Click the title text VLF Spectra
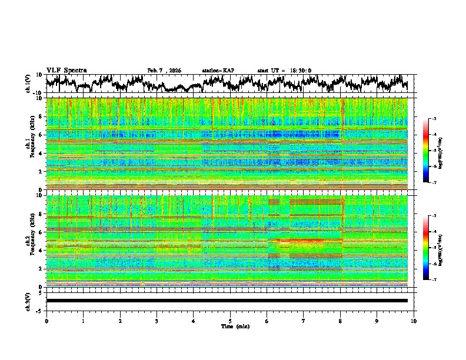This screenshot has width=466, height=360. [x=66, y=70]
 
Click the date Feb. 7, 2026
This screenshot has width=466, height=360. [x=164, y=71]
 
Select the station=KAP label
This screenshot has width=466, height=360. [x=218, y=71]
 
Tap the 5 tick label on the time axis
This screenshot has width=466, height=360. [x=230, y=321]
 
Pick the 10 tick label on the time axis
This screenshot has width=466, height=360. [x=414, y=321]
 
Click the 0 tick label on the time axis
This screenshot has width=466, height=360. [x=46, y=321]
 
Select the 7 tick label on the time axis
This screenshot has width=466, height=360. [x=304, y=321]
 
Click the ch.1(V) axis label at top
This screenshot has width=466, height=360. [x=28, y=84]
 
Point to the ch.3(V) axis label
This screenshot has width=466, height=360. [x=28, y=300]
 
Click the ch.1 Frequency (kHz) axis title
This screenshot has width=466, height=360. [x=28, y=144]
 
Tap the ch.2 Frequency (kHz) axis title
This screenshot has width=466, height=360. [x=28, y=241]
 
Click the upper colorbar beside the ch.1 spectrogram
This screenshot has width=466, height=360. [x=433, y=150]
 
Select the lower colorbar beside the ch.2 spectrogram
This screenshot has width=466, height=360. [x=433, y=247]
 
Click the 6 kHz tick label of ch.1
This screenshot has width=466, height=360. [x=41, y=135]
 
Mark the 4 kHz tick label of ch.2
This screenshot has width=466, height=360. [x=41, y=250]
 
